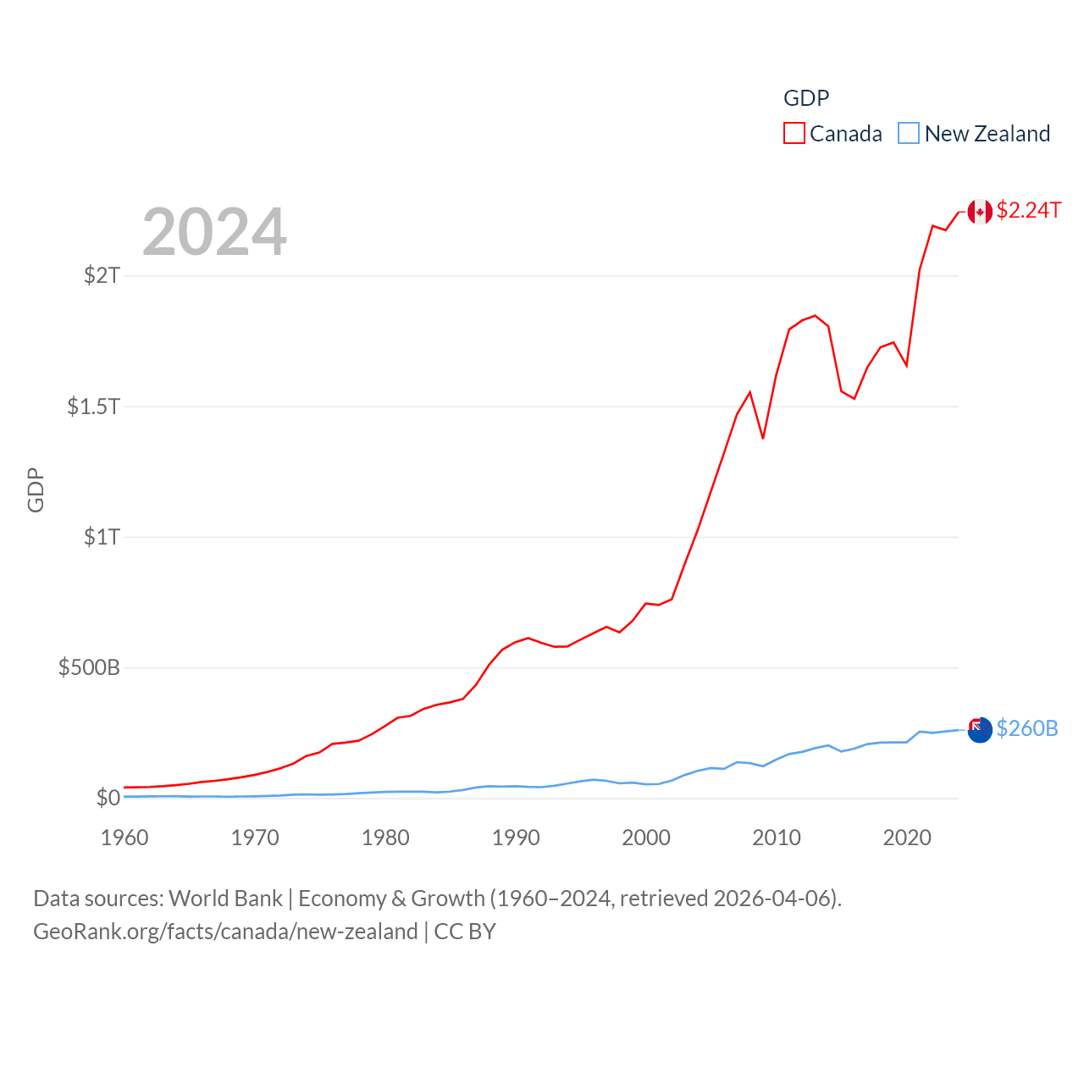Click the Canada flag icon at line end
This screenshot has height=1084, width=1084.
980,212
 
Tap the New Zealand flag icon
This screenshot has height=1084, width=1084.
980,729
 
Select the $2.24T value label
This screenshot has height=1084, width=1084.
1028,210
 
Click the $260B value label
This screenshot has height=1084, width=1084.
1026,728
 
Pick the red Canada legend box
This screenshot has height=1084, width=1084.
794,134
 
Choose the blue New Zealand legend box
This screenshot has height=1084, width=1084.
909,134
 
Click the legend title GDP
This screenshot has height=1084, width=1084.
806,98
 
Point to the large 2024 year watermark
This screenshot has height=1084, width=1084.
214,232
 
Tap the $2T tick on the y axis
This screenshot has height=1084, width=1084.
102,275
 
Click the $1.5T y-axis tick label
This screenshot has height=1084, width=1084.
93,406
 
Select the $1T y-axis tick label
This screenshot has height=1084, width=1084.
102,537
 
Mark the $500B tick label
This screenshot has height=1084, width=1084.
89,667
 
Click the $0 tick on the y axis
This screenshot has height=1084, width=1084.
108,798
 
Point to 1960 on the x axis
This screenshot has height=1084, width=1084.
124,838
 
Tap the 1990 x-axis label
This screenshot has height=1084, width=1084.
516,838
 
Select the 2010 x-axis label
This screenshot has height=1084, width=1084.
777,838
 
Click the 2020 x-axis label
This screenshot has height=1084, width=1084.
907,838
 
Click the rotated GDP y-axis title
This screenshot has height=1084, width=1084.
36,489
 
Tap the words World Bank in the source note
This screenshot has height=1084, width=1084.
225,899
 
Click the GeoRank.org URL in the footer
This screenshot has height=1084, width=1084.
225,932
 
